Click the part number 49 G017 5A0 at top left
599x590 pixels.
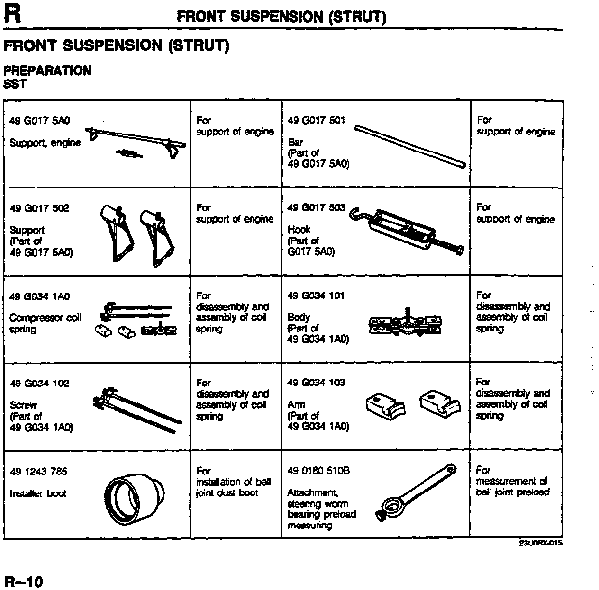tap(40, 121)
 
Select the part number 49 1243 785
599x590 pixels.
tap(38, 472)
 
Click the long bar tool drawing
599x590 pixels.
tap(410, 146)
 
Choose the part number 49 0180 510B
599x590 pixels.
tap(318, 471)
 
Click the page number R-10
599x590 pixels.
tap(23, 581)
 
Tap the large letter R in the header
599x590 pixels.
tap(12, 14)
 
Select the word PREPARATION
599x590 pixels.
tap(47, 71)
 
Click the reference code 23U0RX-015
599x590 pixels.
tap(540, 543)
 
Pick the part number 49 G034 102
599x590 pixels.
tap(39, 384)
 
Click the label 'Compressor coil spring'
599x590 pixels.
tap(45, 323)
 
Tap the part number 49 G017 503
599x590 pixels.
tap(316, 208)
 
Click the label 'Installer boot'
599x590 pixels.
tap(38, 493)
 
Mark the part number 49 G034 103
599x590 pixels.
tap(316, 383)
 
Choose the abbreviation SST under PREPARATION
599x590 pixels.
tap(15, 84)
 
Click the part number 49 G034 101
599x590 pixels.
tap(316, 296)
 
